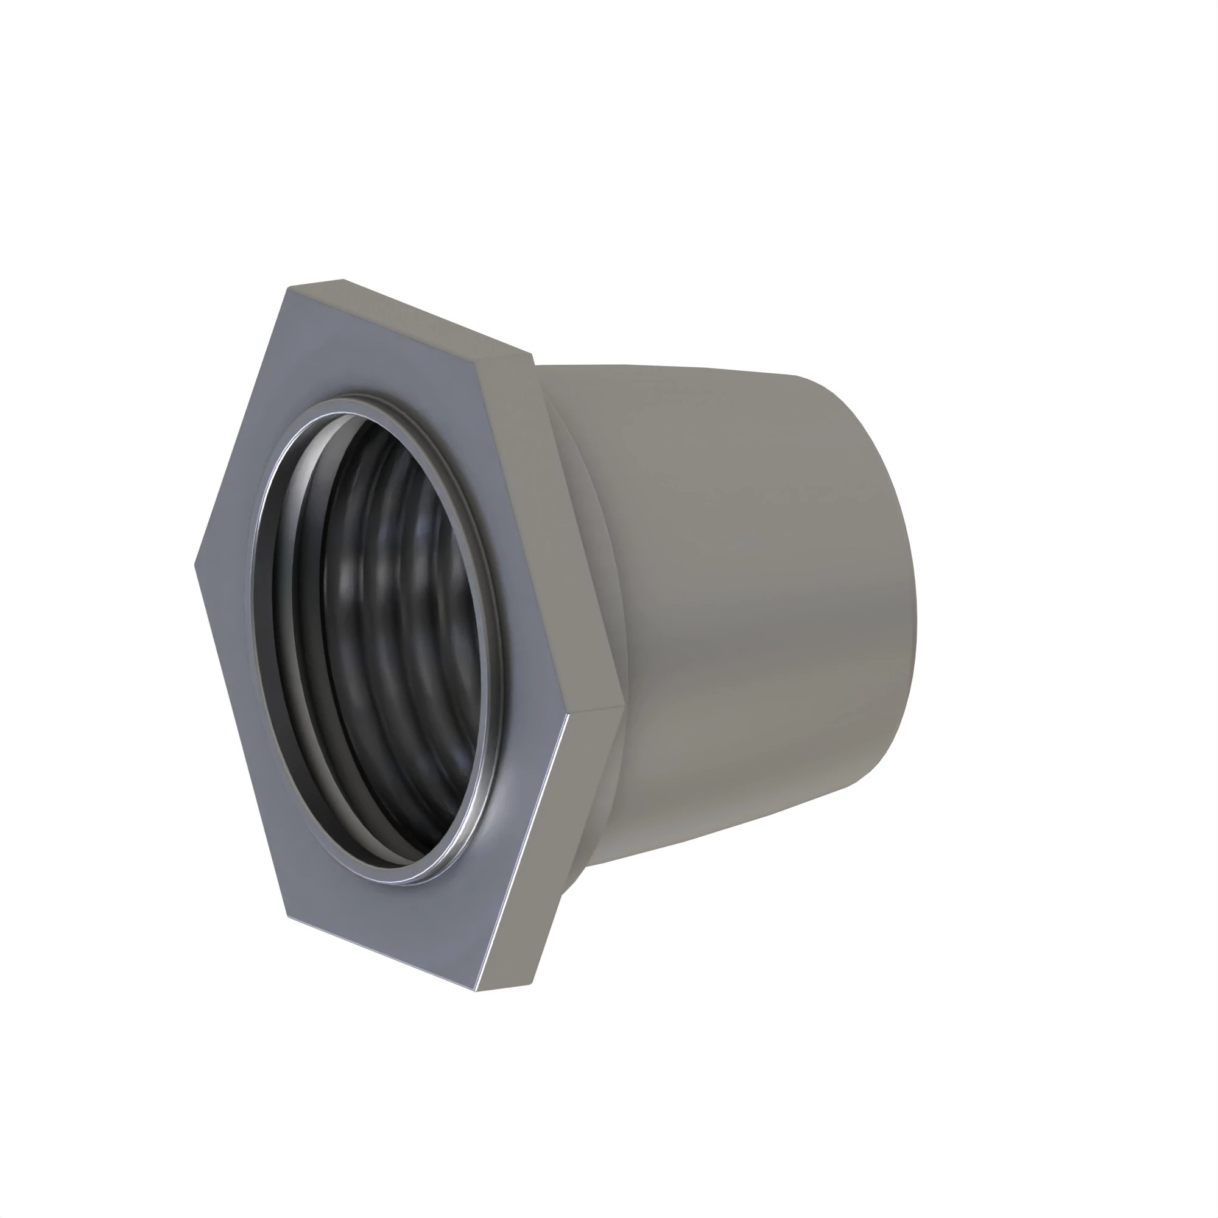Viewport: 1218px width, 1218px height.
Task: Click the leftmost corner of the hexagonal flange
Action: pyautogui.click(x=195, y=566)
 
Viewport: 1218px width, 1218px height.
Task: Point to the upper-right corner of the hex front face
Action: pyautogui.click(x=477, y=361)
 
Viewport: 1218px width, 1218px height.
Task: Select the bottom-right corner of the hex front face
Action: pyautogui.click(x=477, y=990)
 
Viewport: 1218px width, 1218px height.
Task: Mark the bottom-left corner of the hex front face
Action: pyautogui.click(x=288, y=916)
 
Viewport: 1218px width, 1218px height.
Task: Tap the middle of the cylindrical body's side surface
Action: pyautogui.click(x=744, y=599)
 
